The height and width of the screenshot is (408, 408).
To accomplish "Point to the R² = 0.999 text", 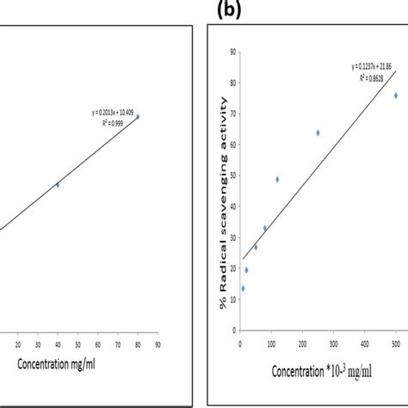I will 115,121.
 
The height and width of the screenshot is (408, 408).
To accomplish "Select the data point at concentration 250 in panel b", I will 318,133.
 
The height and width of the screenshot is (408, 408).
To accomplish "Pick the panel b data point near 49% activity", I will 277,179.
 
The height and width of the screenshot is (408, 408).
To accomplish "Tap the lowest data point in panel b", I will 243,288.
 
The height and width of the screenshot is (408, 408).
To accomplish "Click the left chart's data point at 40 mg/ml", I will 58,184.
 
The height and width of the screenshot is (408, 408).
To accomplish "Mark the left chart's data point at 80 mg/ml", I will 138,116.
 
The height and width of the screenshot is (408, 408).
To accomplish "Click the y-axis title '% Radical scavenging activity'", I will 226,190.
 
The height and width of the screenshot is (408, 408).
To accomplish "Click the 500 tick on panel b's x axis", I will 396,344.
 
